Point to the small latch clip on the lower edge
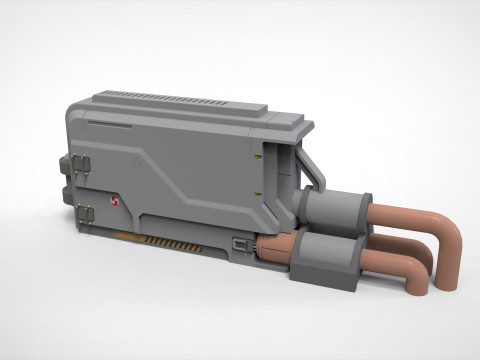coord(240,242)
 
